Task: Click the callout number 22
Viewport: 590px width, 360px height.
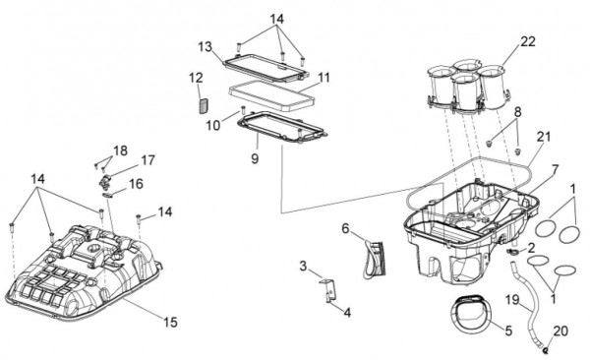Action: pyautogui.click(x=527, y=41)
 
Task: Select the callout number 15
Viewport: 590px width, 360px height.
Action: pyautogui.click(x=170, y=322)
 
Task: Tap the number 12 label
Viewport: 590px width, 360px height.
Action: pyautogui.click(x=196, y=78)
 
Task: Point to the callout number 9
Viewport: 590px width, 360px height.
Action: pyautogui.click(x=255, y=158)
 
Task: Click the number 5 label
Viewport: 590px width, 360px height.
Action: pyautogui.click(x=508, y=331)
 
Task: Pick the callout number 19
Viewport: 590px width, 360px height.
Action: pyautogui.click(x=512, y=300)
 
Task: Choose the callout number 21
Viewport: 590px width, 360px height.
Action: pyautogui.click(x=544, y=137)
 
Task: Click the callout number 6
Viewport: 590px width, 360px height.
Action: pyautogui.click(x=346, y=228)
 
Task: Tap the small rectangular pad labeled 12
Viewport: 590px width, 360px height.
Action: pyautogui.click(x=204, y=104)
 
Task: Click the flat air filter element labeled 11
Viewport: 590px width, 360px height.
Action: pyautogui.click(x=271, y=96)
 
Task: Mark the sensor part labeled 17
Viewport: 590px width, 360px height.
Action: pyautogui.click(x=104, y=181)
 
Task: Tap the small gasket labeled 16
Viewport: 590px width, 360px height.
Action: pyautogui.click(x=107, y=195)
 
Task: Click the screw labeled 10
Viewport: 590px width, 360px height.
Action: pyautogui.click(x=243, y=110)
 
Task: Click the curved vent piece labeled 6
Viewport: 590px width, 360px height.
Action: pyautogui.click(x=374, y=260)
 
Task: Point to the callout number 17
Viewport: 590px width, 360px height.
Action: pyautogui.click(x=147, y=160)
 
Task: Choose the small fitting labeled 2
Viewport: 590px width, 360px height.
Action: pyautogui.click(x=513, y=252)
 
